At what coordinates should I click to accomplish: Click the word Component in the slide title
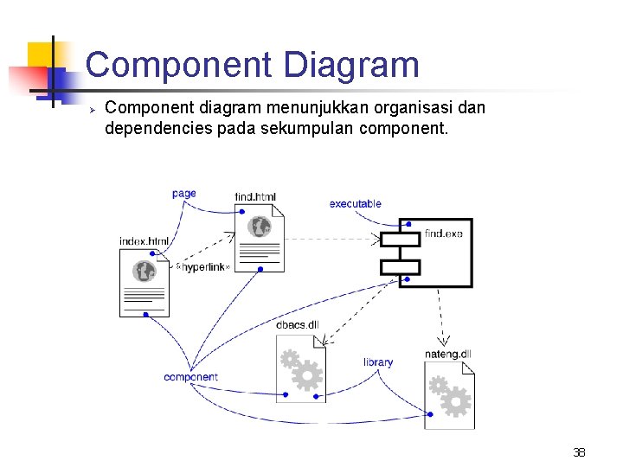click(x=177, y=66)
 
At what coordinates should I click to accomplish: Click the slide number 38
click(x=579, y=451)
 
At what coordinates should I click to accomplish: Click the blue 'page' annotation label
click(x=184, y=194)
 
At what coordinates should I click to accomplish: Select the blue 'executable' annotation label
click(x=355, y=204)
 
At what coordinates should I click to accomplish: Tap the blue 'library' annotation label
click(x=378, y=362)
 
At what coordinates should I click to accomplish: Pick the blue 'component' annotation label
click(x=190, y=377)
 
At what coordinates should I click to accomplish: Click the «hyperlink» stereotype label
click(x=203, y=267)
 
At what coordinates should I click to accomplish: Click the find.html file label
click(x=255, y=197)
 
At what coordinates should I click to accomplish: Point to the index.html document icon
click(x=144, y=283)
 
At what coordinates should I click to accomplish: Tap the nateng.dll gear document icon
click(x=449, y=395)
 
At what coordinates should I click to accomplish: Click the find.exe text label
click(x=444, y=233)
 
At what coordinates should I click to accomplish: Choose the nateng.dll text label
click(x=448, y=354)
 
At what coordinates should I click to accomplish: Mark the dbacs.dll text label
click(x=298, y=325)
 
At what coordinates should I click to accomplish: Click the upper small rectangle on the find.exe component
click(x=399, y=240)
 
